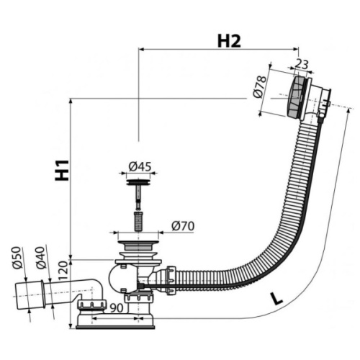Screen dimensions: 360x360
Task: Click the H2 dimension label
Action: [x=229, y=41]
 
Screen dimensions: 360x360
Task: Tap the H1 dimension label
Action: [x=62, y=170]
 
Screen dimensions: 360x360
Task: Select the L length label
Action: [x=277, y=298]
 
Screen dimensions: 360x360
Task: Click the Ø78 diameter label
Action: [x=260, y=87]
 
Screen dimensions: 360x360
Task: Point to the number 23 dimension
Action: [x=301, y=64]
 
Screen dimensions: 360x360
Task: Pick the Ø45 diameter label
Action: [x=140, y=166]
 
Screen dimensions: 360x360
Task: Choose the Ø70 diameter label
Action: [x=183, y=226]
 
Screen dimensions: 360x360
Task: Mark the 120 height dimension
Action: [x=63, y=271]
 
